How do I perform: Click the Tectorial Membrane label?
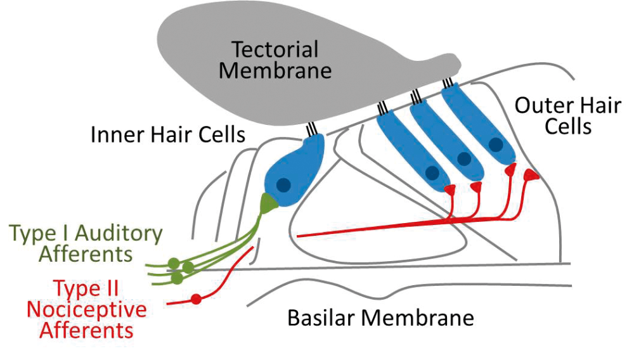point(275,59)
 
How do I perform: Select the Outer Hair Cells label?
point(567,115)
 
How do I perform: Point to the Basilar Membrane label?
point(380,318)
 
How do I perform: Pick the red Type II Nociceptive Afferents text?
point(87,310)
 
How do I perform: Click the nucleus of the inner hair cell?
point(283,184)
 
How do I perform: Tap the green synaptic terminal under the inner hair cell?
point(269,202)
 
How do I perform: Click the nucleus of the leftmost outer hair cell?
point(433,172)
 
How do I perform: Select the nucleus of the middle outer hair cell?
point(464,158)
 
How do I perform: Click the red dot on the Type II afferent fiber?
point(197,299)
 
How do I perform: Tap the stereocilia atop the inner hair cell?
point(312,129)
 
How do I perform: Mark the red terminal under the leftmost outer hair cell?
point(451,188)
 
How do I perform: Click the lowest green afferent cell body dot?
point(178,278)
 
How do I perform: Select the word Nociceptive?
point(87,310)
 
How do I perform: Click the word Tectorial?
point(275,49)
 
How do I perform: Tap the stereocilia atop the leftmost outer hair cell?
point(382,108)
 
